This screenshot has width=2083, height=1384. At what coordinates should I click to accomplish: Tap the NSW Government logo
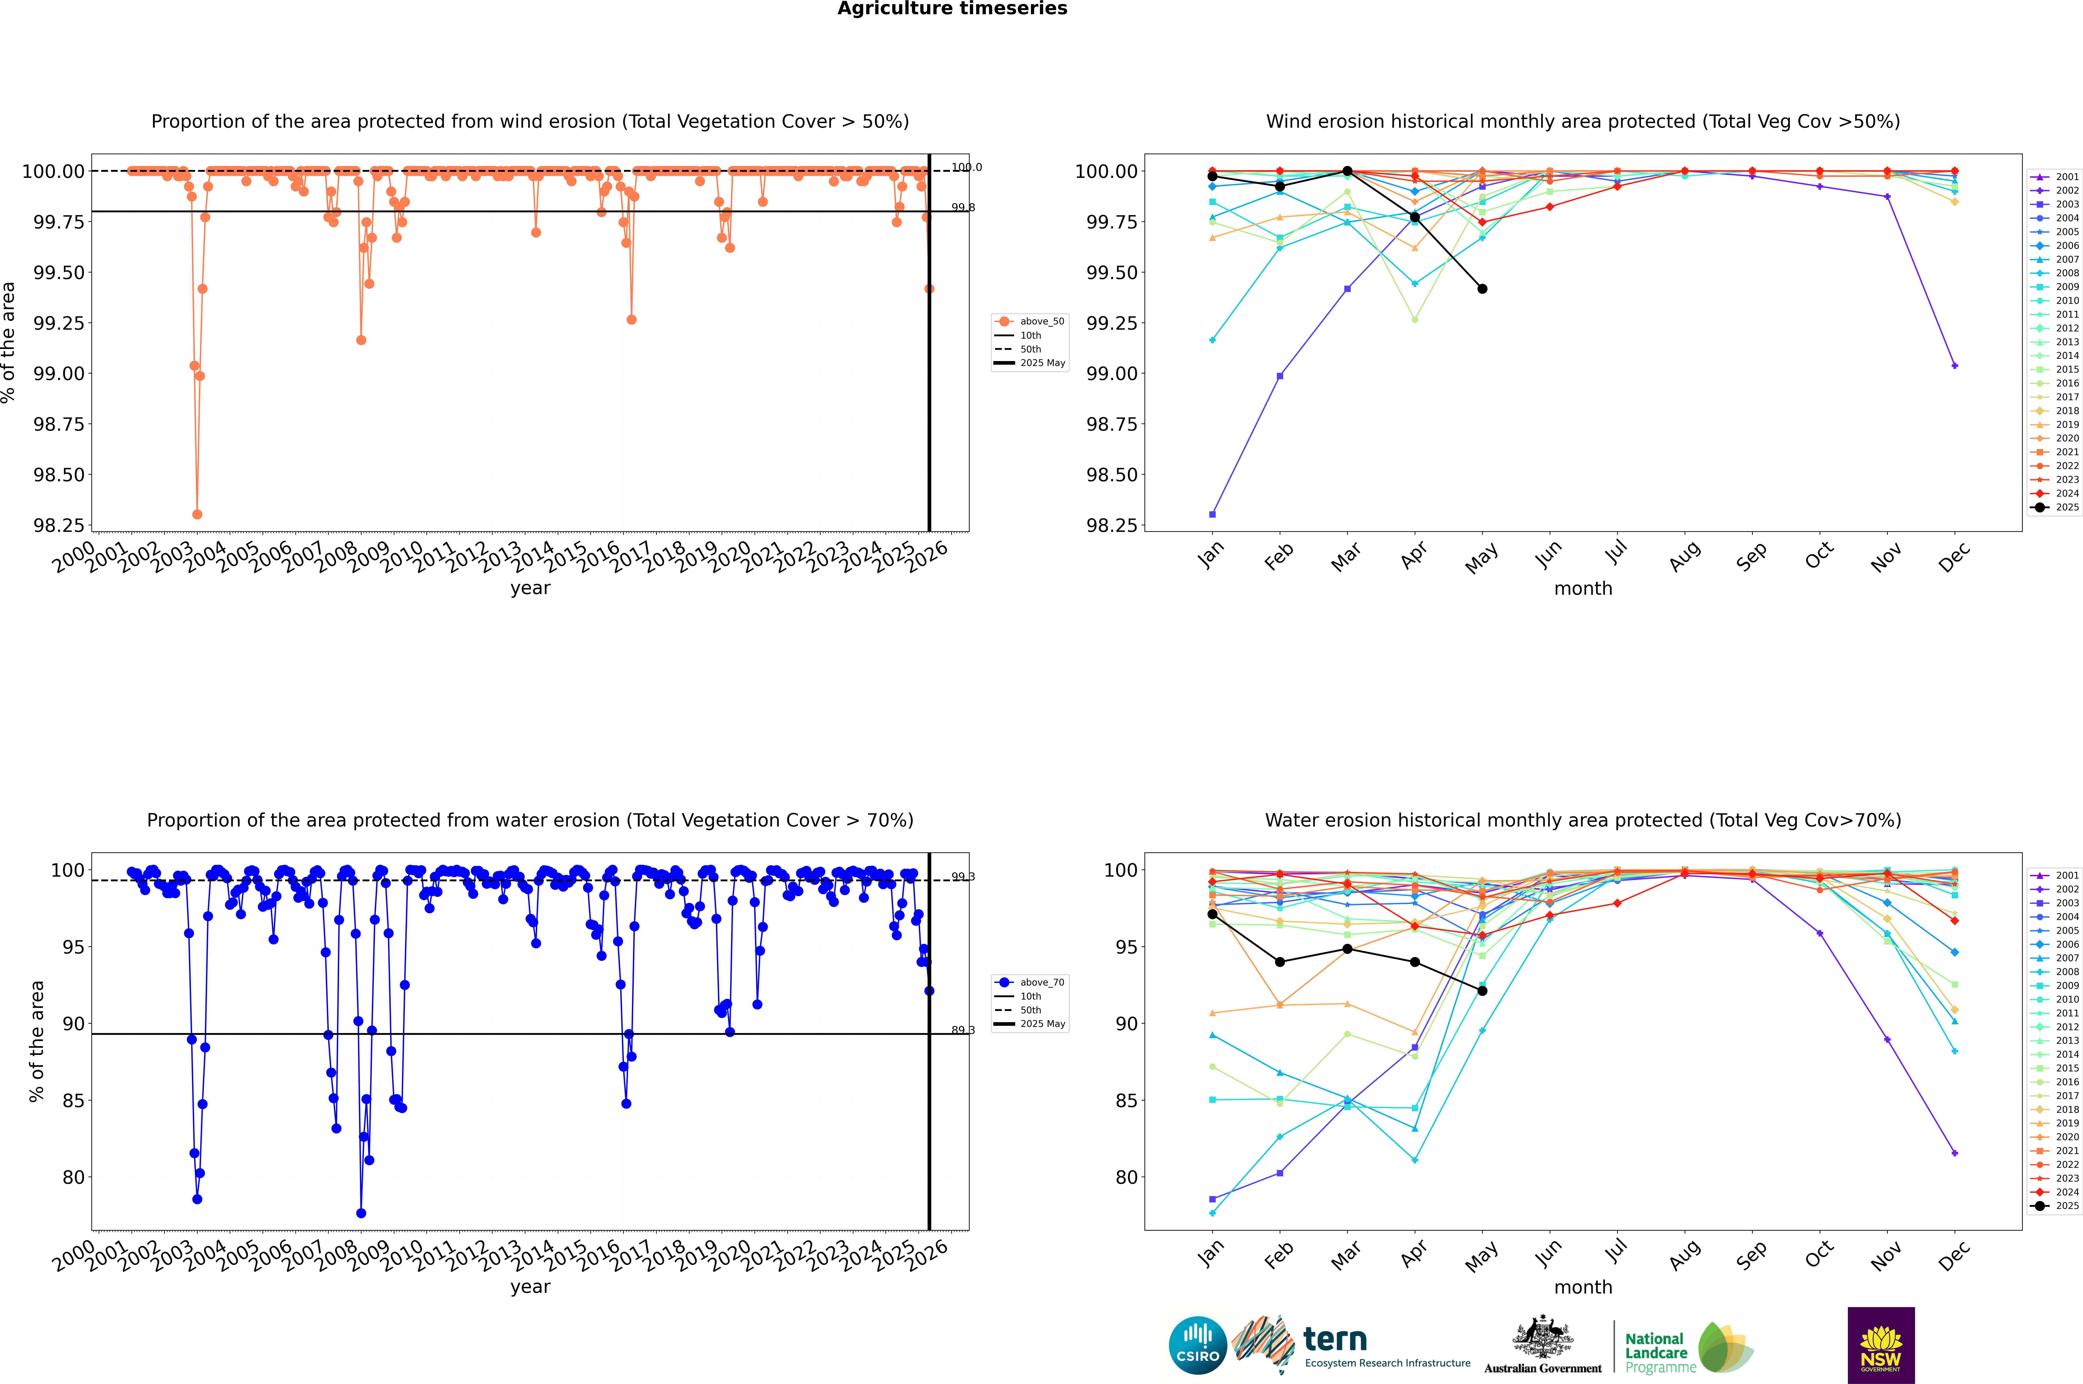point(1881,1345)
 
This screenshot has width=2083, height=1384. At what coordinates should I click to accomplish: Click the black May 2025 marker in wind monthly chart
point(1483,289)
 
